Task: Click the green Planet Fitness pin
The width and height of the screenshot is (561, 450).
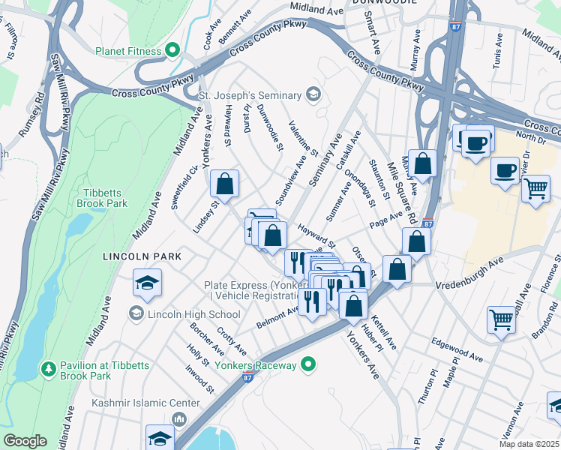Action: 172,51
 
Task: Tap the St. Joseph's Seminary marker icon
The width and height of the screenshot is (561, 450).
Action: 313,95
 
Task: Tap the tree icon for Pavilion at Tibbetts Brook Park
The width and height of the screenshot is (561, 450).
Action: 48,369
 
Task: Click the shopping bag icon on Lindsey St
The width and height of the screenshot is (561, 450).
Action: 224,183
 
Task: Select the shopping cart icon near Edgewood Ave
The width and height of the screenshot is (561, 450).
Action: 501,319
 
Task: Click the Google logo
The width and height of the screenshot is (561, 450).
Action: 25,441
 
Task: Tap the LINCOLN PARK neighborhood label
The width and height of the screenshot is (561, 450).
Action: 142,256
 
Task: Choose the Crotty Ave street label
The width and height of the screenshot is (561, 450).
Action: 231,340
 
